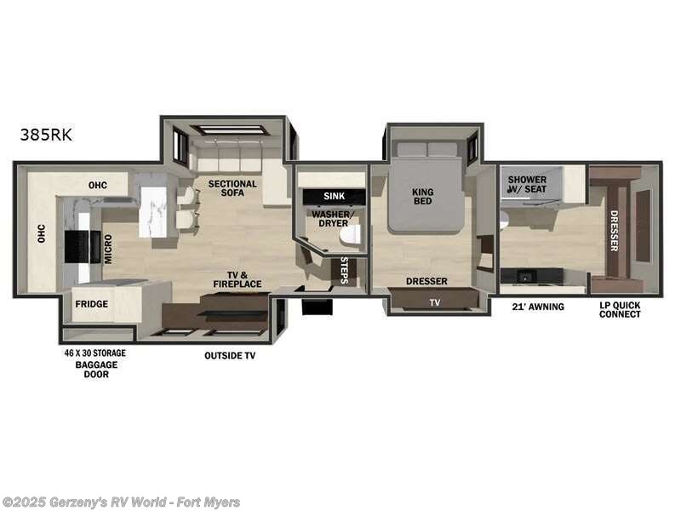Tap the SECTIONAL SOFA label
click(232, 189)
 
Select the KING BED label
click(422, 196)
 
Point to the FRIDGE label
click(91, 304)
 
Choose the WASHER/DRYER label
click(330, 219)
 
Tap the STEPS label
click(345, 269)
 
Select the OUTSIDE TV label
click(230, 355)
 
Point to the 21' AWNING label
click(537, 307)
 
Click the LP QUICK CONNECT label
click(620, 309)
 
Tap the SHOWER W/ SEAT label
click(527, 184)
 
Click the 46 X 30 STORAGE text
click(95, 353)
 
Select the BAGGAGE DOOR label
click(96, 370)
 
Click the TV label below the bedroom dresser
click(435, 301)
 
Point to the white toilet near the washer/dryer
click(350, 234)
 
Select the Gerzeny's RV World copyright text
click(121, 502)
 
